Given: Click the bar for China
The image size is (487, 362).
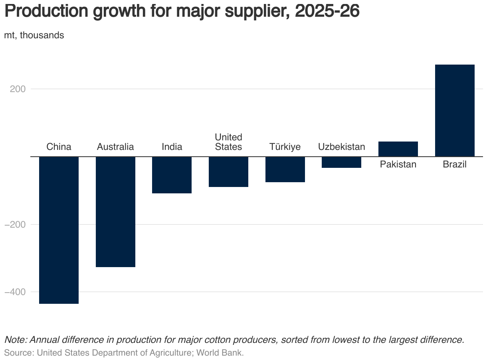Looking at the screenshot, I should [59, 230].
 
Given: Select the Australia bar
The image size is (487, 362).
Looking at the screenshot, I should [115, 212].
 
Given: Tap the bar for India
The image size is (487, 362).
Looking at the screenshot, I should [172, 175].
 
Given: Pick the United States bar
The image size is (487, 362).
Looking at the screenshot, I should [229, 172].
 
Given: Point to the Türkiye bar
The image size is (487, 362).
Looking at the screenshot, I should [285, 169].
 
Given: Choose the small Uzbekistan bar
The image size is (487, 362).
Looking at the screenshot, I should [342, 162].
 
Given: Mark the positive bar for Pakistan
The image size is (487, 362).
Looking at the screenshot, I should [398, 149].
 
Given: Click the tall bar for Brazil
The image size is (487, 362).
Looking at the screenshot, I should [455, 110].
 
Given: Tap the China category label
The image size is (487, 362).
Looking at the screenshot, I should [59, 147].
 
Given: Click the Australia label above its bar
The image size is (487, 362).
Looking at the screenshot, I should [115, 147].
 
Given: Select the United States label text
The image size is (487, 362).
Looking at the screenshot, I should [229, 142].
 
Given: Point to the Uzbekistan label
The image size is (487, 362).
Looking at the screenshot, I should [342, 147].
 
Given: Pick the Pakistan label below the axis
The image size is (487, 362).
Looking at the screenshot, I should [398, 164].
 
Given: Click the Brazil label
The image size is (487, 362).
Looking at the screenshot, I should [455, 164].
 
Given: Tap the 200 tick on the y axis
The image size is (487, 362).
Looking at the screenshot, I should [18, 89].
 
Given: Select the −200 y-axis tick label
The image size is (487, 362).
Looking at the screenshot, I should [15, 224].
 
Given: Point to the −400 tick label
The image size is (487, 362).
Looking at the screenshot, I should [15, 292].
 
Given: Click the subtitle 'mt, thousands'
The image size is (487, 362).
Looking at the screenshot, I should [34, 35].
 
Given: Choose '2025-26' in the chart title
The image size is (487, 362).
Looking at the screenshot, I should [327, 12].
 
